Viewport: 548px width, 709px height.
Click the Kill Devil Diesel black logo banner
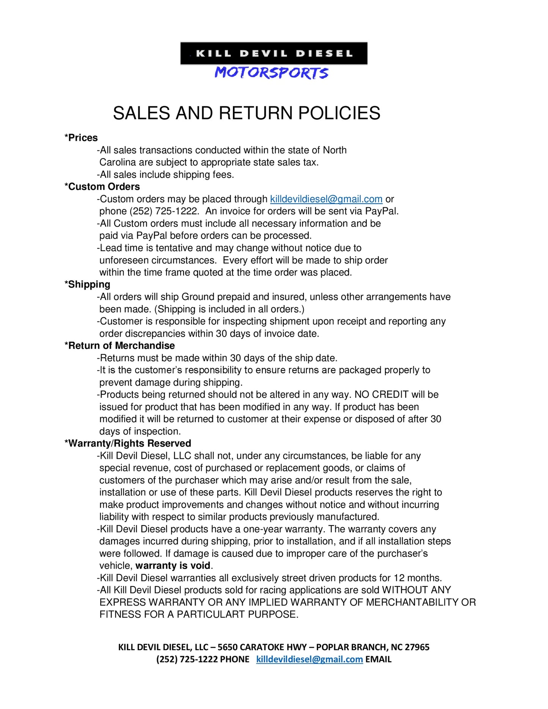[x=274, y=53]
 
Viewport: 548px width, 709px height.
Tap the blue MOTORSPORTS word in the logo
[x=272, y=73]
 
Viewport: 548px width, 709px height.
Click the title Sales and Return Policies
[x=247, y=113]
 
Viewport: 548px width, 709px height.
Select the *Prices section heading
[x=81, y=138]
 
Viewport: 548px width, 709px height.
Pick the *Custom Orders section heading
[x=102, y=187]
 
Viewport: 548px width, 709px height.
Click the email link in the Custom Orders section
[x=326, y=199]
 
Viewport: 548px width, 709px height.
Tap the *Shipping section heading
[x=88, y=285]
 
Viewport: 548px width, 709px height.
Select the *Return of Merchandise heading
[x=120, y=346]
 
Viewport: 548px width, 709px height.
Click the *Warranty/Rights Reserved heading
[x=128, y=444]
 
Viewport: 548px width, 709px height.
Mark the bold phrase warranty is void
[x=173, y=566]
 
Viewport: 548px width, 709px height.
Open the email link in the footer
[x=309, y=659]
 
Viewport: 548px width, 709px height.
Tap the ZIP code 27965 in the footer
[x=417, y=647]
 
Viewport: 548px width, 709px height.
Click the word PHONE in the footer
[x=235, y=659]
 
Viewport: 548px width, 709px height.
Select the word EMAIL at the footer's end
[x=378, y=659]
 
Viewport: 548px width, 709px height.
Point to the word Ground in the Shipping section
[x=197, y=297]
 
